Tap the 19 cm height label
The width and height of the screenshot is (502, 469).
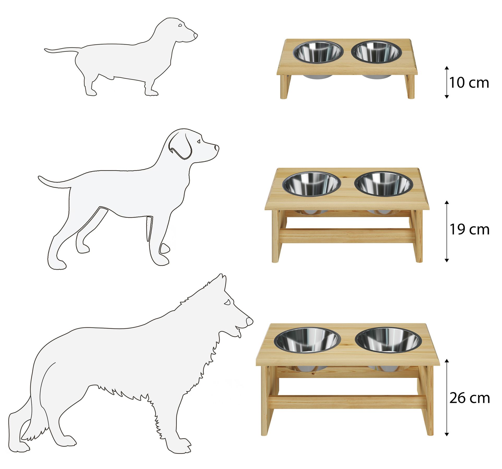click(x=469, y=230)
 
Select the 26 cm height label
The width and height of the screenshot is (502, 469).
click(x=470, y=398)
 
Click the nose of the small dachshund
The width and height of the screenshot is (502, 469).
click(x=195, y=35)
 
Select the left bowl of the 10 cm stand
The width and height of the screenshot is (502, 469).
click(x=317, y=52)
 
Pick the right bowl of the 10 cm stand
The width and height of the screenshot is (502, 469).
click(x=377, y=52)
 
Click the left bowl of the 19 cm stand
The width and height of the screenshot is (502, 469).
click(x=312, y=184)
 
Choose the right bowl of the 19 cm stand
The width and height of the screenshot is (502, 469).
click(x=384, y=184)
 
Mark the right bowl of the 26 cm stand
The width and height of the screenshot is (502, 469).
click(x=388, y=340)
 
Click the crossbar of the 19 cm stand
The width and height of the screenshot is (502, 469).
click(x=347, y=236)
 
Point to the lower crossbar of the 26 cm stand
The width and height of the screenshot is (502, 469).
click(x=347, y=402)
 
